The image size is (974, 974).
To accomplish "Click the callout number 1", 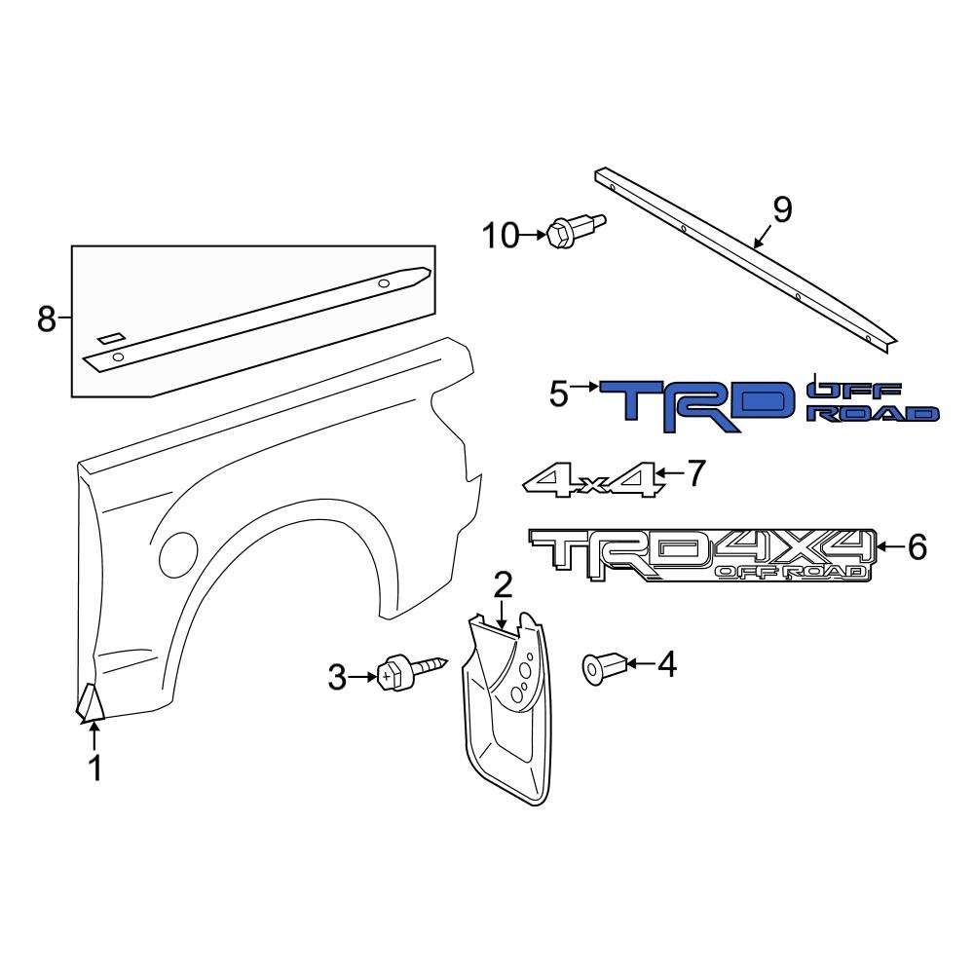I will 94,768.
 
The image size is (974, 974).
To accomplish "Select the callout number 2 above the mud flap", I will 503,585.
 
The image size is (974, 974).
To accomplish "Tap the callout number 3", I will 337,677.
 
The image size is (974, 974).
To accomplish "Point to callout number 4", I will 666,664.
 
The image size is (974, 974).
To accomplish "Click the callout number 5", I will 558,393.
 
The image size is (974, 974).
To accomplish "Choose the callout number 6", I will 917,547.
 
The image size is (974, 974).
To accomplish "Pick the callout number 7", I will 694,473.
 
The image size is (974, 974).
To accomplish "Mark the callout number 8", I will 47,318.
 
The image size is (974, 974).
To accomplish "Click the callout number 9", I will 782,209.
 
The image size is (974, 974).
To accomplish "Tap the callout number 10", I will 504,235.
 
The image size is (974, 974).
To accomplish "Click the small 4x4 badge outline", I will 590,479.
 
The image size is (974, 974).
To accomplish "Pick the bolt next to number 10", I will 576,230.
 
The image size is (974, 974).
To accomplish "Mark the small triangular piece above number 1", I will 90,704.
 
